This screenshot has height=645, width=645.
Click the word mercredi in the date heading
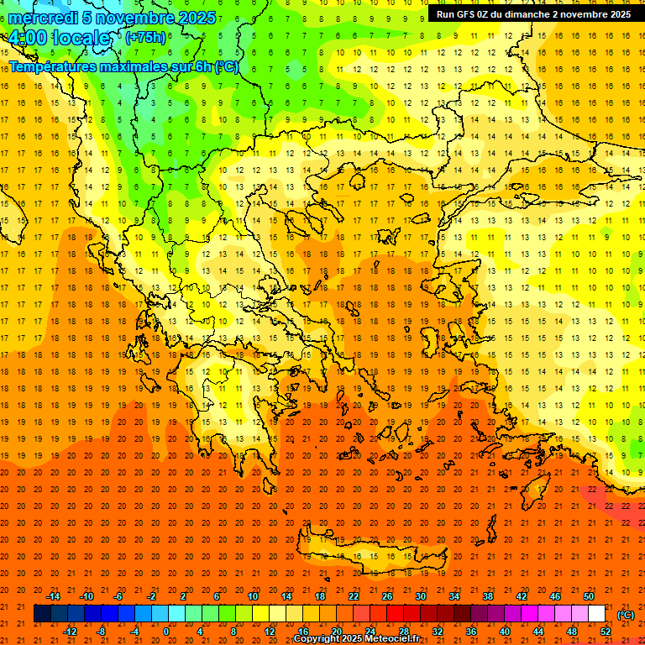(x=39, y=18)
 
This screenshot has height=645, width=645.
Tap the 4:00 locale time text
(x=60, y=39)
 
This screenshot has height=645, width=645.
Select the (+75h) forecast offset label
(x=145, y=38)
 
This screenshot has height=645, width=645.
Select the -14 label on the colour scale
(x=53, y=596)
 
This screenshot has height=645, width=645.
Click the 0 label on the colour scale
(x=165, y=632)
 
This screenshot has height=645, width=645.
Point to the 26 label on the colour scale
(x=387, y=596)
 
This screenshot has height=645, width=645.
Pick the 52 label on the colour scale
(x=606, y=632)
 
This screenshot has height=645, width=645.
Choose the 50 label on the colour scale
(x=589, y=596)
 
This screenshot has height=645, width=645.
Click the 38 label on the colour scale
(x=488, y=596)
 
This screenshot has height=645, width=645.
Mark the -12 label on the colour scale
(x=70, y=632)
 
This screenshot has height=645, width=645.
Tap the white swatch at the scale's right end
(x=596, y=614)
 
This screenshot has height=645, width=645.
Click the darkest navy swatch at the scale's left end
(x=42, y=614)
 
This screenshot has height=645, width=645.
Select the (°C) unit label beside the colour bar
(x=625, y=615)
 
